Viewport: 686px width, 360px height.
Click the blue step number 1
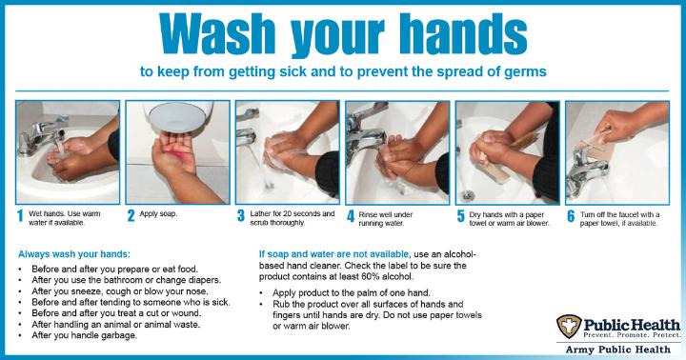click(x=20, y=216)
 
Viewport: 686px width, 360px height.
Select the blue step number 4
click(x=351, y=216)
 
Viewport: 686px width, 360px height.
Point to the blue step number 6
click(x=571, y=216)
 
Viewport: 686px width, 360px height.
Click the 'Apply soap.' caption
click(x=158, y=214)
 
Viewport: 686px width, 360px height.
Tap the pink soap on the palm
click(x=180, y=155)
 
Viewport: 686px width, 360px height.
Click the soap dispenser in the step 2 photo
click(x=180, y=115)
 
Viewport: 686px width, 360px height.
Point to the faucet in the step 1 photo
click(x=42, y=135)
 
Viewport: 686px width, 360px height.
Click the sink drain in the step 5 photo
click(x=468, y=195)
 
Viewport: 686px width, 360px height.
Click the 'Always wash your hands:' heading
click(x=74, y=254)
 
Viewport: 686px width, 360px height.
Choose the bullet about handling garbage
click(x=84, y=335)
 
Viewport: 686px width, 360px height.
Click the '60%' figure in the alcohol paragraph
click(x=372, y=276)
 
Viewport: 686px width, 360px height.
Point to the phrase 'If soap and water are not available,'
click(x=334, y=254)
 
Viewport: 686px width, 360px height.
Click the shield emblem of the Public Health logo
click(x=569, y=327)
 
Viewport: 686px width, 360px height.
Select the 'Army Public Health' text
click(x=617, y=350)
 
